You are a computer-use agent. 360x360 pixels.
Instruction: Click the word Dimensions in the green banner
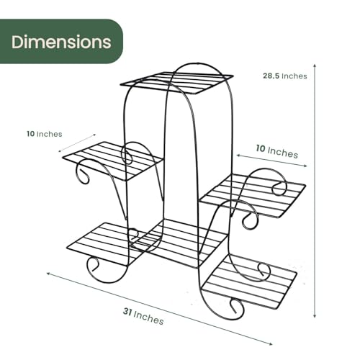click(x=61, y=42)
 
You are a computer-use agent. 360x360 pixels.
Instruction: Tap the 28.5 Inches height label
click(x=285, y=76)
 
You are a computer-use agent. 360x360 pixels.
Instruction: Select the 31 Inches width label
click(x=143, y=316)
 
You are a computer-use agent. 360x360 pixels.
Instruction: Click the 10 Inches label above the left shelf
click(x=45, y=134)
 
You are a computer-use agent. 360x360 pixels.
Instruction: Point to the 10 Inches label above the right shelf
click(x=277, y=151)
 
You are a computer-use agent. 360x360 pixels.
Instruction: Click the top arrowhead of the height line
click(x=315, y=66)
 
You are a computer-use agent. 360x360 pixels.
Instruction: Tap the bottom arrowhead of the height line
click(x=315, y=316)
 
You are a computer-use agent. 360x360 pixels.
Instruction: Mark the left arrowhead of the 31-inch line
click(x=48, y=274)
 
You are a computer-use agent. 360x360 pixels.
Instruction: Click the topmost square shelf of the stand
click(x=177, y=83)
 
